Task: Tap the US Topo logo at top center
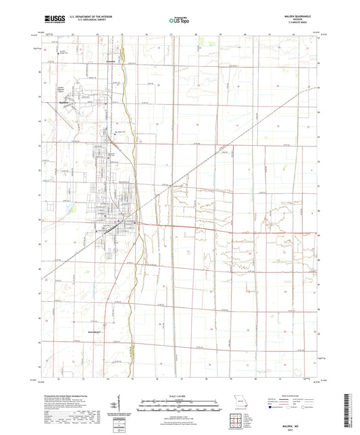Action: coord(179,21)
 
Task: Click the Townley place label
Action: coord(111,61)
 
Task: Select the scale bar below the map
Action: coord(180,407)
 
